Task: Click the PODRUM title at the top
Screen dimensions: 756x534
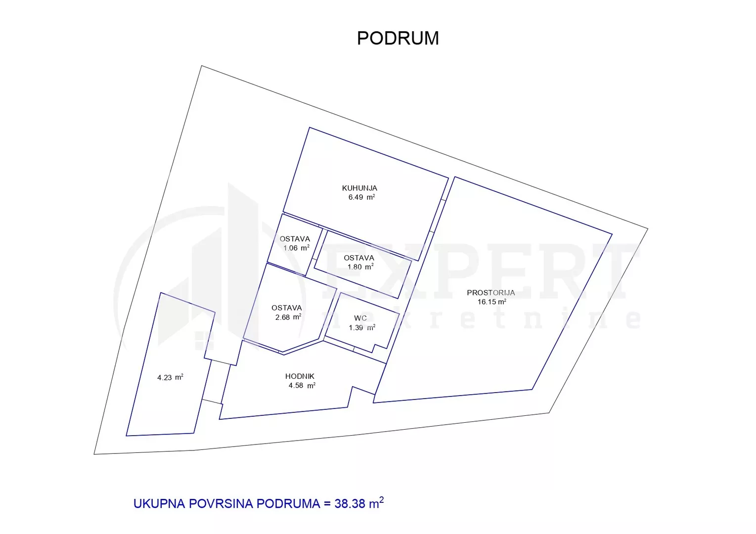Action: pos(398,38)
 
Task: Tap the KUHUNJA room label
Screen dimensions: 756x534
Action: pos(359,188)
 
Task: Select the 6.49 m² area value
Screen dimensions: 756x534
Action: pos(361,197)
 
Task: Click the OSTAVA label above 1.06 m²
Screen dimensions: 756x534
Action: pos(295,239)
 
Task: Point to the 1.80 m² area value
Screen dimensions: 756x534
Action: pos(360,267)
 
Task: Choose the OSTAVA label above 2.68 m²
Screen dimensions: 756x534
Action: pos(287,308)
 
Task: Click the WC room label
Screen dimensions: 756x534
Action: pos(360,318)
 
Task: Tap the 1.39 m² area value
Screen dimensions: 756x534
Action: pos(362,327)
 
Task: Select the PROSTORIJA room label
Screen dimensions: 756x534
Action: pos(490,293)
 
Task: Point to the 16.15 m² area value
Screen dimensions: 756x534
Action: pos(491,302)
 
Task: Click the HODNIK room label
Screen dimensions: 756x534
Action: pos(300,376)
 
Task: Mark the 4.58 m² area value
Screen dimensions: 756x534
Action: pos(302,385)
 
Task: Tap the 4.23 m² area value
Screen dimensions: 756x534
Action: pos(170,377)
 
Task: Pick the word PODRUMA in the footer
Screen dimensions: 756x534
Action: pos(288,504)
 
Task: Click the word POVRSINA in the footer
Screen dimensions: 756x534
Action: pos(221,504)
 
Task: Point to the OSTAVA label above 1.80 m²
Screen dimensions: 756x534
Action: pos(359,258)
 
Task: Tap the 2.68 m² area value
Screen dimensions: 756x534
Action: pos(288,317)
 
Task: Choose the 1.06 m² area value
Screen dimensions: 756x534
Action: pos(296,248)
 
